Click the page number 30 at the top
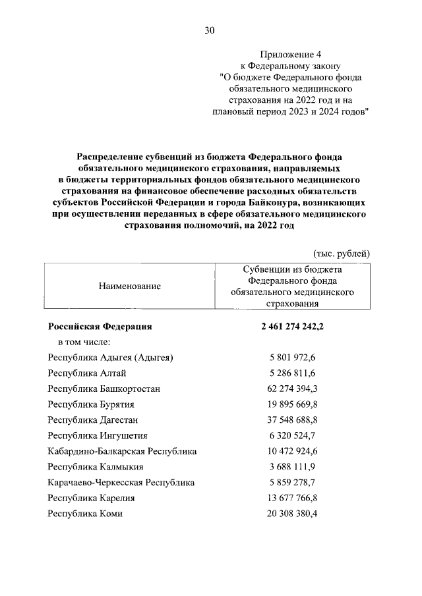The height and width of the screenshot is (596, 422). pyautogui.click(x=210, y=30)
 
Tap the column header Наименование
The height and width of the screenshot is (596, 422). pyautogui.click(x=130, y=286)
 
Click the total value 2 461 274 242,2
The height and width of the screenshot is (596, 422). pyautogui.click(x=293, y=327)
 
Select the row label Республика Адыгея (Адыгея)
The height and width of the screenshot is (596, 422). pyautogui.click(x=111, y=358)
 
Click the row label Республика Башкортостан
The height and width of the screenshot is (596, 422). pyautogui.click(x=104, y=389)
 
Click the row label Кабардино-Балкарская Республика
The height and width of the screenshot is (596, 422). pyautogui.click(x=123, y=451)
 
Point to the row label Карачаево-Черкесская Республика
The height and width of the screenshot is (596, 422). pyautogui.click(x=121, y=483)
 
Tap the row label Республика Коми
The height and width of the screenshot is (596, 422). pyautogui.click(x=85, y=514)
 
